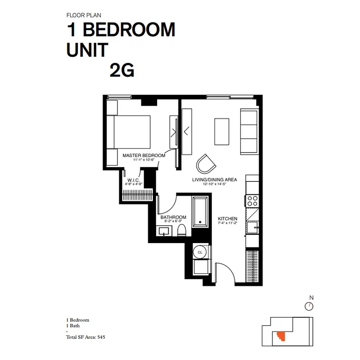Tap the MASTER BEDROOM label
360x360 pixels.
click(x=144, y=155)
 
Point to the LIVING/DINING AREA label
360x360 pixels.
click(x=215, y=180)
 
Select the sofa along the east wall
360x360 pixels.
click(x=248, y=131)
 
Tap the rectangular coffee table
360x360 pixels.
click(x=221, y=131)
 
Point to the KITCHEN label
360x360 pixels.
click(x=228, y=219)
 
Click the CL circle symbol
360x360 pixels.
click(x=200, y=253)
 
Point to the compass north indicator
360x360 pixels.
click(x=309, y=306)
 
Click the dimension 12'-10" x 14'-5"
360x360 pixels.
click(x=215, y=184)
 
